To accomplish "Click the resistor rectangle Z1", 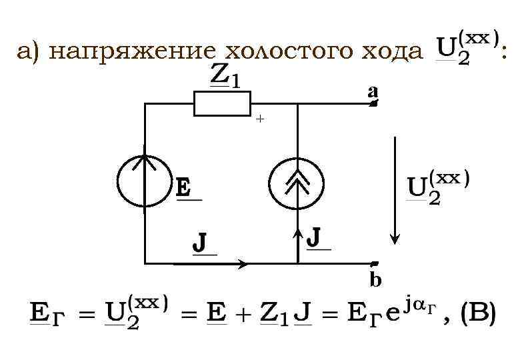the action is (x=222, y=104).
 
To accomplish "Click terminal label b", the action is (x=375, y=279).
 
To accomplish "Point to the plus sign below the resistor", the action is (x=259, y=119).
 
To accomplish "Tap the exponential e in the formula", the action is (x=393, y=313).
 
